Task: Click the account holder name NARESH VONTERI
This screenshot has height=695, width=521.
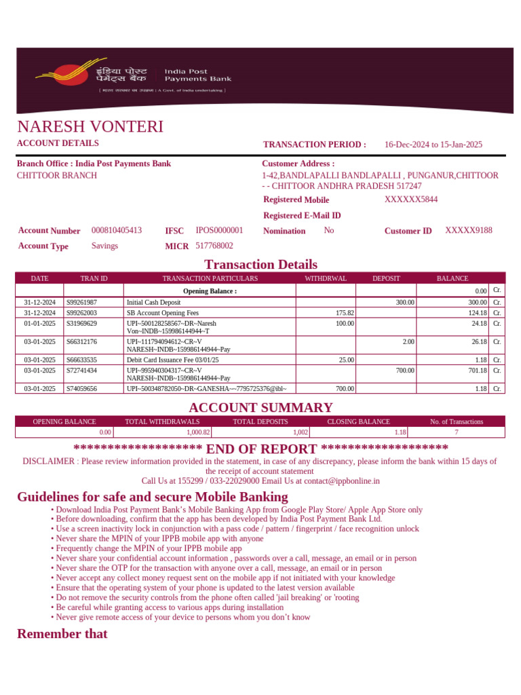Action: (90, 127)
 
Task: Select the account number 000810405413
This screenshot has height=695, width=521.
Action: (117, 231)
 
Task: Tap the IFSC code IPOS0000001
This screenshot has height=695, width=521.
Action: (219, 231)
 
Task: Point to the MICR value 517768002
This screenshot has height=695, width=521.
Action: (214, 246)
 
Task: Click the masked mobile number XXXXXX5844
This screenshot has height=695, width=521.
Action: (411, 200)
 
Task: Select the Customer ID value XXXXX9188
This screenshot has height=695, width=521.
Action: (469, 231)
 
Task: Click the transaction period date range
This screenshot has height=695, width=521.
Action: (433, 145)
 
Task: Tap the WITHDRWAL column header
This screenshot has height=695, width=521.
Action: (326, 278)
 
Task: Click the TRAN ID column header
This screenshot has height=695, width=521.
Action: (94, 278)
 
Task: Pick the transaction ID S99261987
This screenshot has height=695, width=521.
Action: (81, 302)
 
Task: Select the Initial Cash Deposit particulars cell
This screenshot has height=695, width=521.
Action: (154, 302)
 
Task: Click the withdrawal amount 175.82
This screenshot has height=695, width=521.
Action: (345, 313)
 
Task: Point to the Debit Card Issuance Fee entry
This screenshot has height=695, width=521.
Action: (172, 360)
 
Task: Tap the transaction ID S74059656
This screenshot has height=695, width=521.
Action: (81, 389)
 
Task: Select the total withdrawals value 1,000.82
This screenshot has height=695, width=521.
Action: (198, 432)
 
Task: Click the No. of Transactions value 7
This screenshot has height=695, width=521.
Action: (457, 432)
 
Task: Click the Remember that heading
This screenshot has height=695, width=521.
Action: (62, 634)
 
